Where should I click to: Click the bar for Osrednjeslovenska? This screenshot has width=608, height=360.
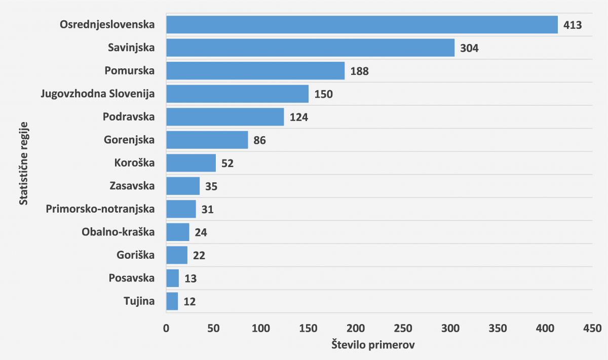[362, 24]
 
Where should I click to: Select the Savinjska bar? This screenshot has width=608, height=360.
[310, 48]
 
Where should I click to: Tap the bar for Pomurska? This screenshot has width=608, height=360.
[255, 71]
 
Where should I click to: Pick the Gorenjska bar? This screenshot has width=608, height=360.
[207, 140]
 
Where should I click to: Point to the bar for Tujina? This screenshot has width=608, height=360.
[172, 301]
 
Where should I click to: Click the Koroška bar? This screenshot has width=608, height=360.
[191, 163]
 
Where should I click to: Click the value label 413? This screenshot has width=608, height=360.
[573, 25]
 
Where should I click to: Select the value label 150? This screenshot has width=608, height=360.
[323, 94]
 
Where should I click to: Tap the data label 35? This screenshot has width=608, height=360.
[211, 186]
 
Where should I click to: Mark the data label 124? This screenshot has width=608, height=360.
[299, 117]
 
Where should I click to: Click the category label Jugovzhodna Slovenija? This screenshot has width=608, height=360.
[98, 94]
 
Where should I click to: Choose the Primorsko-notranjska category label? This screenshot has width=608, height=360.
[100, 209]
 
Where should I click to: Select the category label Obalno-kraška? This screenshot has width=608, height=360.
[118, 232]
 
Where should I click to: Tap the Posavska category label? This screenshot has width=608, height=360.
[131, 278]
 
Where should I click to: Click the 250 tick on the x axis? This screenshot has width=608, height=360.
[403, 328]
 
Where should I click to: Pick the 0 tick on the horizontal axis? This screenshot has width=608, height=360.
[166, 328]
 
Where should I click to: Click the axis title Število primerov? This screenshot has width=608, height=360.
[373, 345]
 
